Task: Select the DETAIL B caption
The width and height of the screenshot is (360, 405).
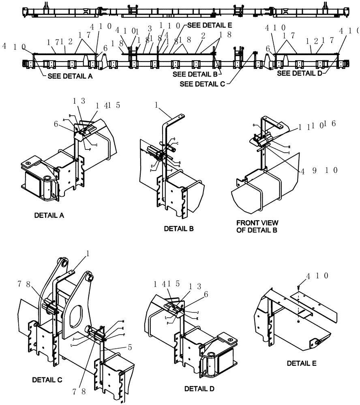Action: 179,229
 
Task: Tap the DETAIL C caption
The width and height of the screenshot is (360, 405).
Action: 47,380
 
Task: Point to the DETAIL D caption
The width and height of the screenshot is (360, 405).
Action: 199,389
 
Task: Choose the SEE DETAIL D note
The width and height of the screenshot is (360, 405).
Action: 299,74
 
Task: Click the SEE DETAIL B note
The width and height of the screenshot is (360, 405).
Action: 194,74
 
